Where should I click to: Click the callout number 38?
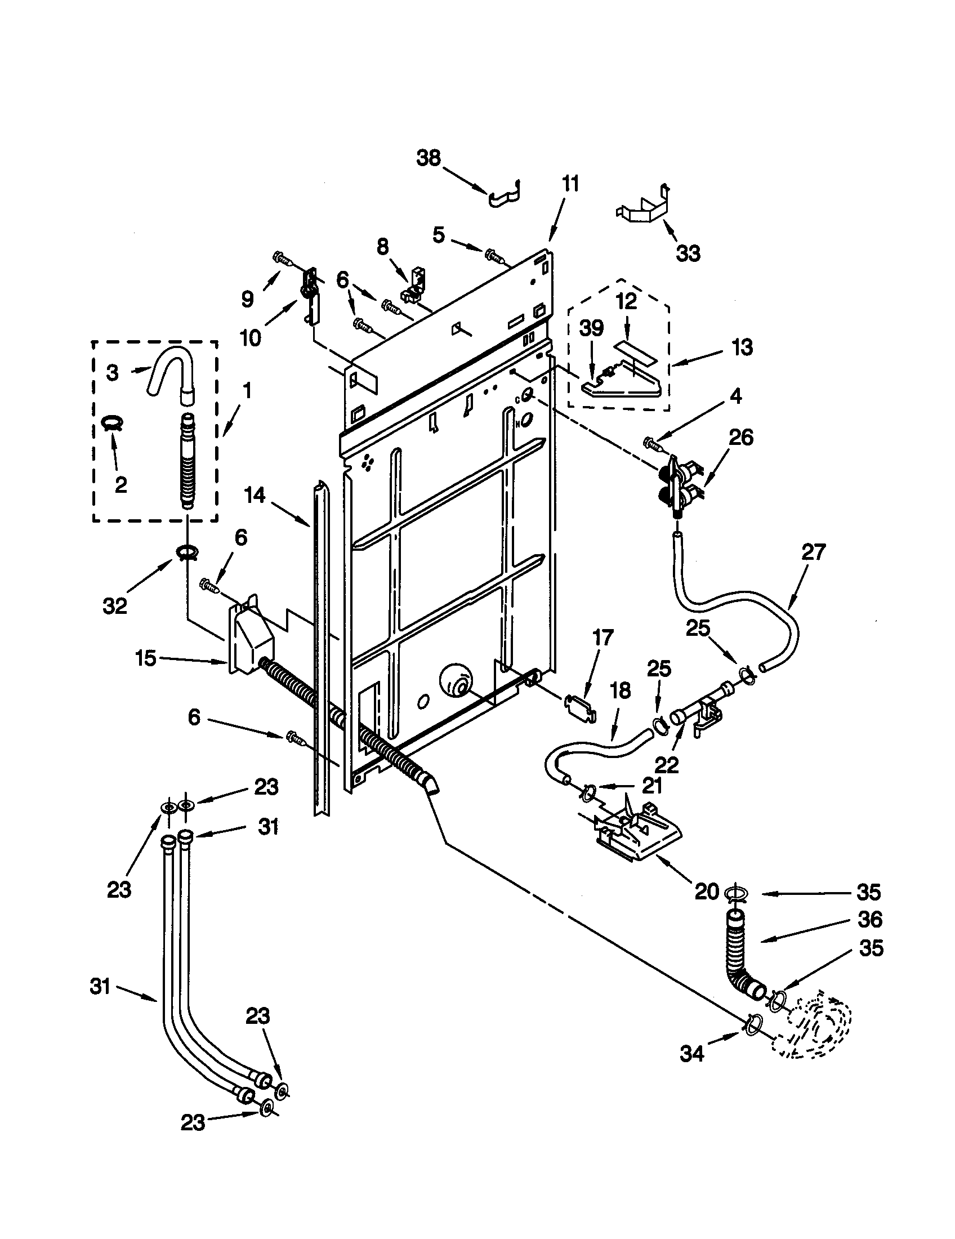pos(428,158)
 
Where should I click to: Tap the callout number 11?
pos(570,184)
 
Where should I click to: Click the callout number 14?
pos(255,495)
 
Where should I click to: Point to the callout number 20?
pos(707,892)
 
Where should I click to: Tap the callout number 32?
pos(114,606)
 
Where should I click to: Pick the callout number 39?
pos(591,328)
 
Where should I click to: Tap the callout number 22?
pos(666,765)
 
